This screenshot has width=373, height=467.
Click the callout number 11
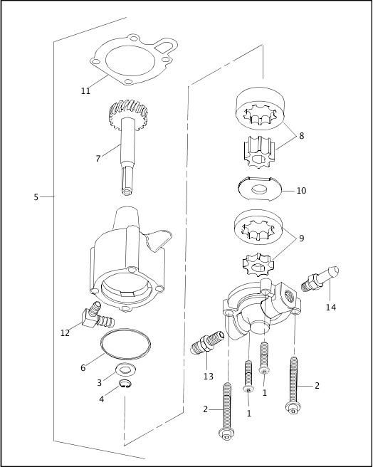click(85, 90)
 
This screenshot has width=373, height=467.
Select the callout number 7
click(98, 158)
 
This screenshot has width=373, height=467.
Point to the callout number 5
click(36, 196)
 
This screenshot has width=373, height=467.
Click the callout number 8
click(301, 135)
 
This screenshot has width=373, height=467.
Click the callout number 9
click(301, 238)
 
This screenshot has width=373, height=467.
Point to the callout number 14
click(330, 308)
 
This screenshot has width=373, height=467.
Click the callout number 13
click(208, 377)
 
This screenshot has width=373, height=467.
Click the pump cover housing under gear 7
click(128, 256)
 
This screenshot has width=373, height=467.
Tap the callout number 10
click(301, 191)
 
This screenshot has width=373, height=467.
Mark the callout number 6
click(83, 368)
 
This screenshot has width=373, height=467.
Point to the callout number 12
click(65, 332)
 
